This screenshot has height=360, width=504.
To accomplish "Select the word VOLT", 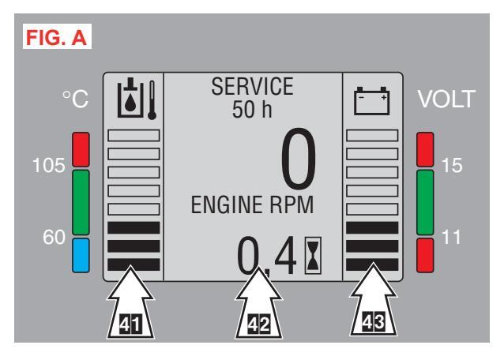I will click(x=447, y=100).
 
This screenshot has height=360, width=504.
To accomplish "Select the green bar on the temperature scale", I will click(x=83, y=201).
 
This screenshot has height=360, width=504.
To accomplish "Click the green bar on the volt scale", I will click(x=427, y=201).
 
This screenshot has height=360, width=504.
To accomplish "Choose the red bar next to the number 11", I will click(x=427, y=253).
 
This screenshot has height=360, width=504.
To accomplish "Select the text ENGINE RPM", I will click(x=242, y=207).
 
